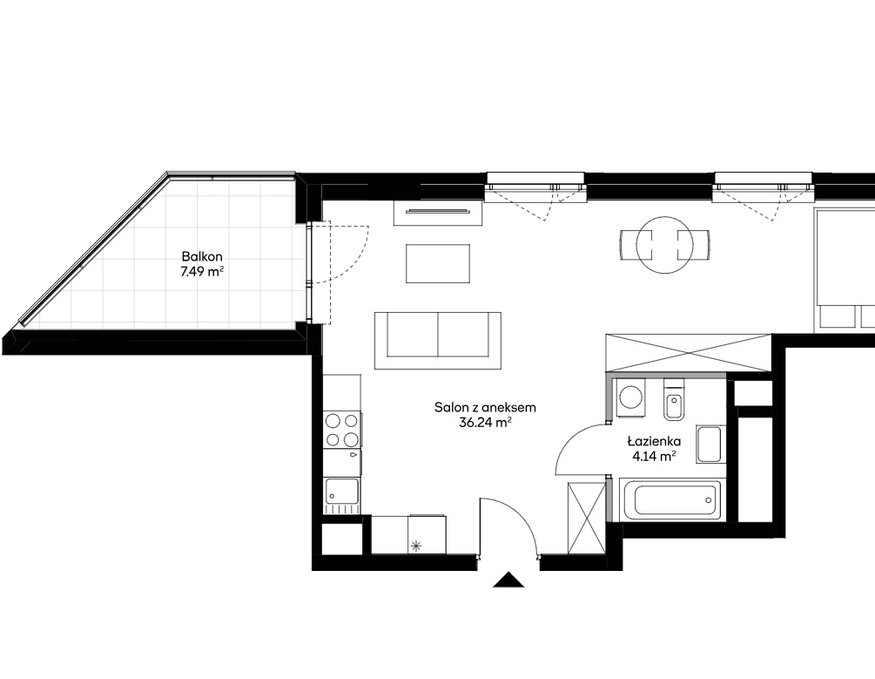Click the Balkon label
pos(202,256)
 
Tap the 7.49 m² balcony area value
pos(202,272)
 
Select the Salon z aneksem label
pos(485,407)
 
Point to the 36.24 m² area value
pos(485,423)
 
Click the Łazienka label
pos(654,441)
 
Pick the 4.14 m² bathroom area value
pos(654,456)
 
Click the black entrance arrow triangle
pos(508,581)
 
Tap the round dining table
pos(665,245)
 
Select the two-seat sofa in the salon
pos(438,340)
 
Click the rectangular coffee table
pos(438,263)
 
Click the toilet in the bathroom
pos(674,399)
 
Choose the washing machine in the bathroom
pos(630,397)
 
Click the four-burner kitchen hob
pos(342,430)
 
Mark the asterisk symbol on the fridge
pos(416,546)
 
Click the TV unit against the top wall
pos(437,213)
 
